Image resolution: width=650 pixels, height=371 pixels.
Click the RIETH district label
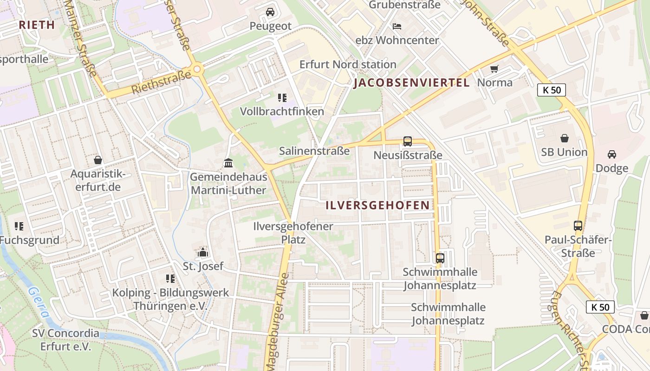point(37,25)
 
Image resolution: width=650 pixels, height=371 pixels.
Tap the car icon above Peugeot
point(270,12)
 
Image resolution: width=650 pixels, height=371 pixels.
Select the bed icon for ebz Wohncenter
point(396,26)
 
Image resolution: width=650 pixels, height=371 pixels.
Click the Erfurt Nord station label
point(348,64)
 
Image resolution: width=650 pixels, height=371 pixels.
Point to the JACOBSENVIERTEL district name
point(411,83)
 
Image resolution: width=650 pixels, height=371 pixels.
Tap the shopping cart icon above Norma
point(494,69)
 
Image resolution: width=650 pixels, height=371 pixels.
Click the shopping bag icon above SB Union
point(564,138)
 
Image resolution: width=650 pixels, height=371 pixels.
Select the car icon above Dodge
point(612,154)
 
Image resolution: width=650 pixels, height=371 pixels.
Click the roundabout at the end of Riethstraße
point(198,70)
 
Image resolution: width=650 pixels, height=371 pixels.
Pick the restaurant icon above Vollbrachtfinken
point(282,97)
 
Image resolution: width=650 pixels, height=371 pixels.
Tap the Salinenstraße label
point(314,151)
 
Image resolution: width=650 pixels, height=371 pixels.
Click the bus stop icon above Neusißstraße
point(408,141)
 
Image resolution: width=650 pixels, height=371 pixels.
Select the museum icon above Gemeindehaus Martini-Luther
point(228,163)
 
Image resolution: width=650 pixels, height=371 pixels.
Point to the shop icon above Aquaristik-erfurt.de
point(98,160)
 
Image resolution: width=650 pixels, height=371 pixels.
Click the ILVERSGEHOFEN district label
point(377,205)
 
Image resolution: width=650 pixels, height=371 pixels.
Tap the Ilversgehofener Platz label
point(293,233)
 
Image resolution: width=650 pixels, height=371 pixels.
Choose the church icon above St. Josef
point(203,252)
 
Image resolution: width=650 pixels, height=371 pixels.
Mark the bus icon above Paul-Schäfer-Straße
point(578,226)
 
